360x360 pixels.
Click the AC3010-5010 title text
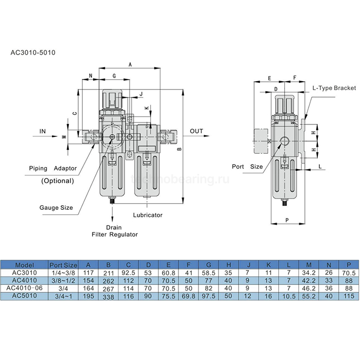click(33, 52)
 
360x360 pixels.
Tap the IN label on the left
click(43, 132)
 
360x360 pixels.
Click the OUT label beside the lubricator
click(196, 131)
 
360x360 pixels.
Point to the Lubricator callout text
click(148, 214)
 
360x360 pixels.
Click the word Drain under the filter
click(114, 227)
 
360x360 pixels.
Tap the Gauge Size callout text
click(56, 208)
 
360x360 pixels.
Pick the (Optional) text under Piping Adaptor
click(57, 181)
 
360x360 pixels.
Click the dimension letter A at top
click(130, 65)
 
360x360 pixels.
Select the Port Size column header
click(63, 265)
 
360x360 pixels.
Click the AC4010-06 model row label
click(25, 289)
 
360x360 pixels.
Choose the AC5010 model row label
click(25, 297)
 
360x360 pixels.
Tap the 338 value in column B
click(108, 297)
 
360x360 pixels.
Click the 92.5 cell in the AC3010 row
click(128, 273)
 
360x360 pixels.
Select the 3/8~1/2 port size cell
click(63, 281)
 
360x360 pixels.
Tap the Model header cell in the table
click(25, 265)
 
